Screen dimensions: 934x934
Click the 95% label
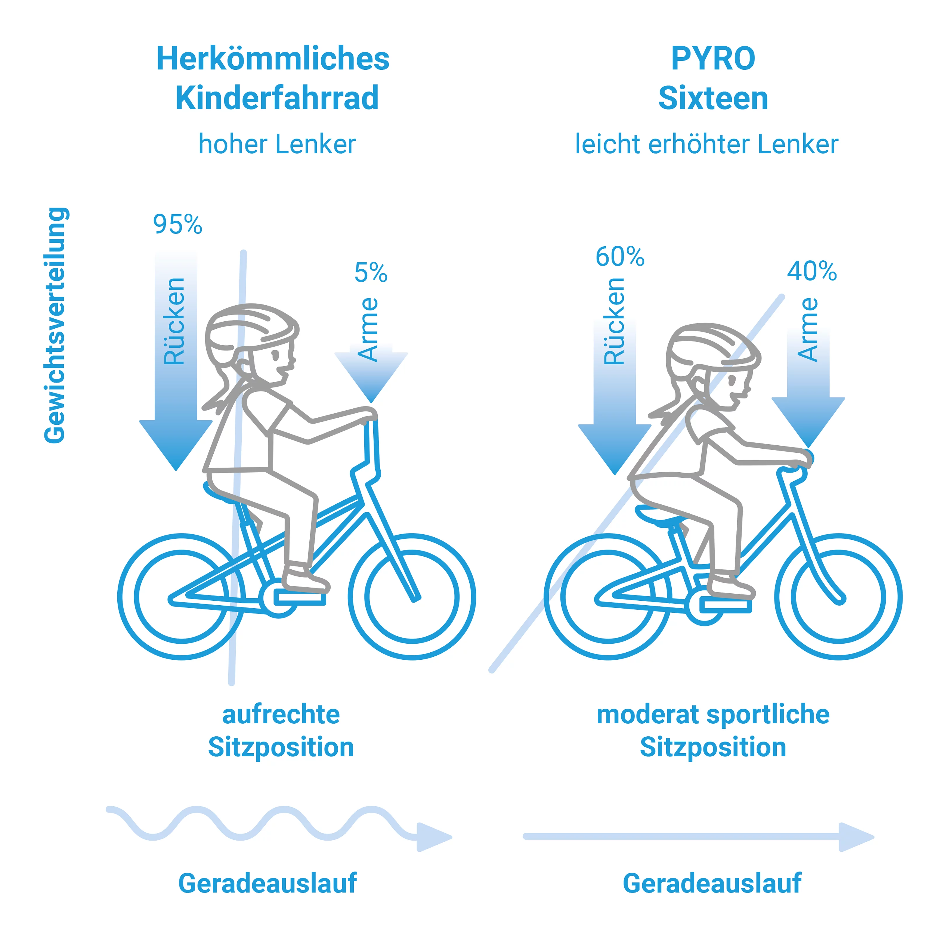177,224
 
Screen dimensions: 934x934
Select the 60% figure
620,257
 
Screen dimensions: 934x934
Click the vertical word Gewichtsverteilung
55,325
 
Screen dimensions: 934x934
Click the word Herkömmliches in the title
273,59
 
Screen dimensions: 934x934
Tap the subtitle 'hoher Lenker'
277,144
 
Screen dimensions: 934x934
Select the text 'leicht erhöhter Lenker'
706,144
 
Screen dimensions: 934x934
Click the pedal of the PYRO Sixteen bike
725,605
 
